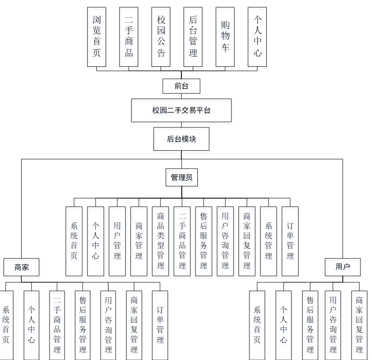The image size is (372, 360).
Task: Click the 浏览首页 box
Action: [96, 37]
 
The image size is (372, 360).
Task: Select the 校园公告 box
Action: [161, 37]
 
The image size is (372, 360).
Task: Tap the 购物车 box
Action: [225, 37]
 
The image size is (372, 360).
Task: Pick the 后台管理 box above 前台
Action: [193, 37]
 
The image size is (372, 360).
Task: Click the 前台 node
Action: [181, 86]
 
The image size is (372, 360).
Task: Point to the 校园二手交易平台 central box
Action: [181, 110]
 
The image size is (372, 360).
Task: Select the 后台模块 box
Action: [181, 139]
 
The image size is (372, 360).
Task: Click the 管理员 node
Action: [181, 178]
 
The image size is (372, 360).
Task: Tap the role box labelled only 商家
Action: [22, 267]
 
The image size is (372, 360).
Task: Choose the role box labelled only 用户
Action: [343, 267]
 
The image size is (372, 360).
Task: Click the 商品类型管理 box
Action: [161, 241]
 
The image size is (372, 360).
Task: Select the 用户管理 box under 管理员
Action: [117, 241]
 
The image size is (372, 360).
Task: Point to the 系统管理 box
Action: [268, 241]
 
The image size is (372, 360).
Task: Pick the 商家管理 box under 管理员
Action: [139, 241]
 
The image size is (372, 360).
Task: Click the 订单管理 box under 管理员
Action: [290, 241]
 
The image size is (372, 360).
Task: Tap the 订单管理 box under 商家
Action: [160, 325]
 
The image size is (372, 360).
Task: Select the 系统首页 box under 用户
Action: [257, 325]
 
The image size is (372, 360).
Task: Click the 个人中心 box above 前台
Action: [257, 37]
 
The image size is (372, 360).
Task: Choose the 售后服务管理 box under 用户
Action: [310, 325]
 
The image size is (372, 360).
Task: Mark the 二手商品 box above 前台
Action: [129, 37]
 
